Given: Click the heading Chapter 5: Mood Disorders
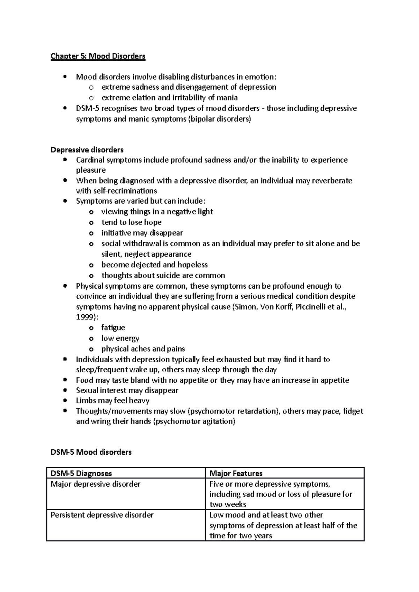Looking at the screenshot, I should [x=98, y=56].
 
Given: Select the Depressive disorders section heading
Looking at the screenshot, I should [x=87, y=150].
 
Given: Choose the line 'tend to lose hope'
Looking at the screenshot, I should [x=131, y=222].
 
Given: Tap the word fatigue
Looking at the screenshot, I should [x=113, y=327].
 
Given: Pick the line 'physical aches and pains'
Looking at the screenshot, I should [x=143, y=349].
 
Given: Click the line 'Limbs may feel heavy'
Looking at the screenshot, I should [x=112, y=401].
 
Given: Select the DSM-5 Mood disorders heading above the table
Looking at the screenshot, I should [x=91, y=452].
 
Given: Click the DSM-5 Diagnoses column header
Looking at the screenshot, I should [x=81, y=473].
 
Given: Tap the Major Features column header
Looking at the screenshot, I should [x=236, y=473].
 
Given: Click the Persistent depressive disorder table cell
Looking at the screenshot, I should [x=102, y=515].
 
